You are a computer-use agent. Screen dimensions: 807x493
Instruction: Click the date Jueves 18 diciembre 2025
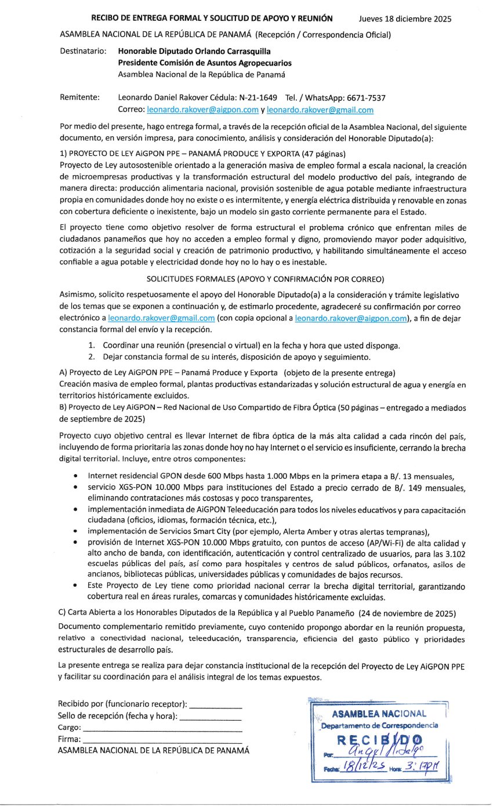405,19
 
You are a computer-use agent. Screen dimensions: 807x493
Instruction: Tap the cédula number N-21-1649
256,97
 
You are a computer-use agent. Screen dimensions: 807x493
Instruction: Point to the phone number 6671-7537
368,97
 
